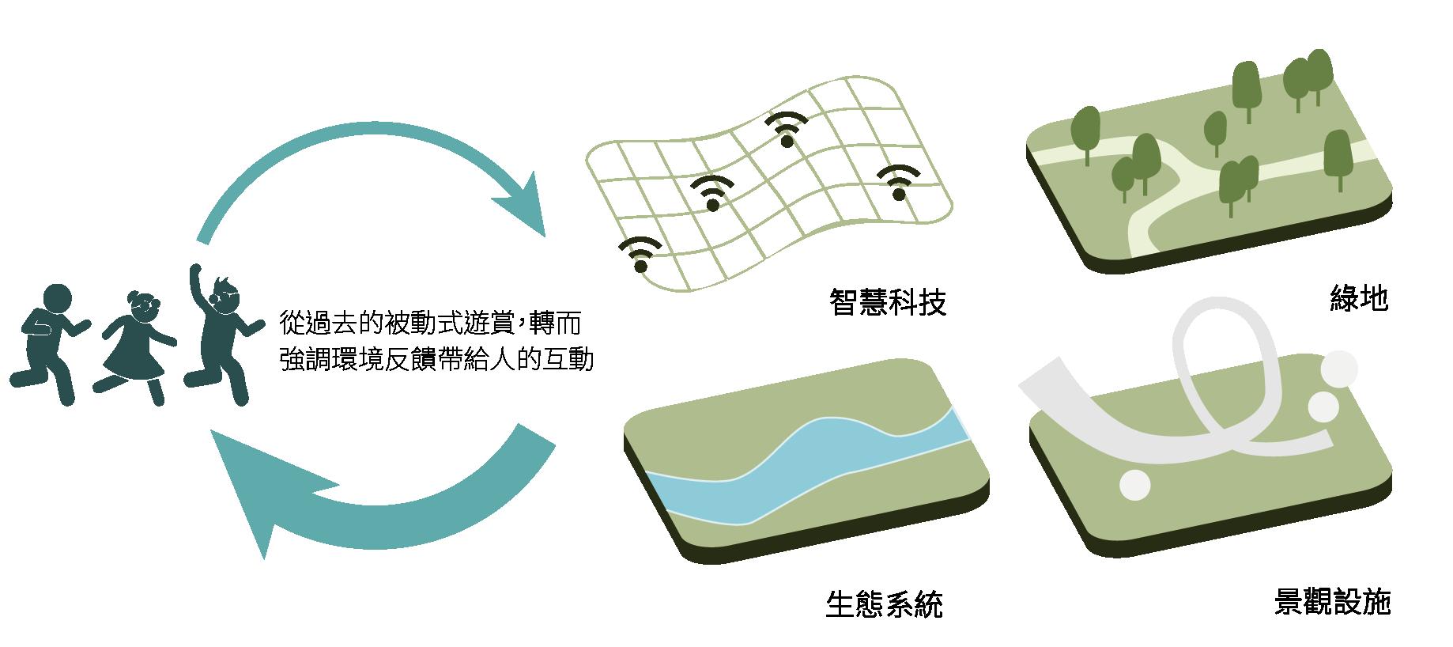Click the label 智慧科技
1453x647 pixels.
tap(887, 302)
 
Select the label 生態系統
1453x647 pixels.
tap(884, 605)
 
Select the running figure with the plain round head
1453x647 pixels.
tap(49, 340)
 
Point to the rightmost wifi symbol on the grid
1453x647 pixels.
tap(899, 183)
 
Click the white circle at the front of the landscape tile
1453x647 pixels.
tap(1136, 484)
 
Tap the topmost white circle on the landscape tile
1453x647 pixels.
tap(1339, 369)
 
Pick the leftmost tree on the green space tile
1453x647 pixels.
tap(1085, 131)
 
